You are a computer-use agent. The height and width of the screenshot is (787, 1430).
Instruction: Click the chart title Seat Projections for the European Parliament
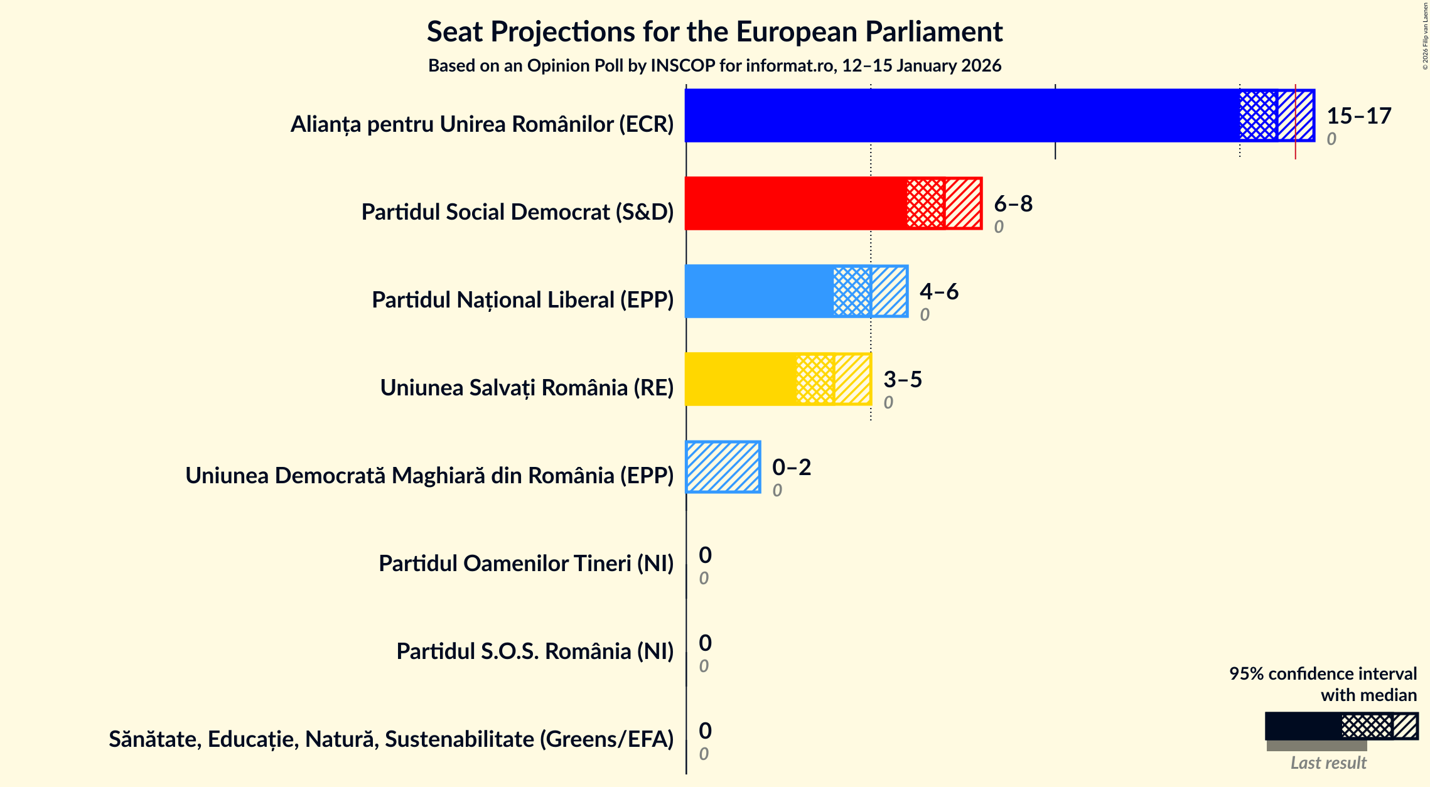(714, 31)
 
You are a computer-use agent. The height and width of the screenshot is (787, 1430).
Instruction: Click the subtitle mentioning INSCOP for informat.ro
(714, 66)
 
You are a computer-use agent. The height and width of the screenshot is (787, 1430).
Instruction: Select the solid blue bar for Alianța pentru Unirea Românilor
(960, 115)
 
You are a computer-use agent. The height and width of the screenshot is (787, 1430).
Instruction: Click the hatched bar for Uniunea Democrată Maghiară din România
(723, 467)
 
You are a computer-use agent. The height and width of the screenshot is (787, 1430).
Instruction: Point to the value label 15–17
(1358, 115)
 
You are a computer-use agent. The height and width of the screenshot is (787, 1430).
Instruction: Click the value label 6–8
(1013, 203)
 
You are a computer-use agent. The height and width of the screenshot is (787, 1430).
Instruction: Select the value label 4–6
(938, 291)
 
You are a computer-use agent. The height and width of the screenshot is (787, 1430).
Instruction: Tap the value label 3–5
(902, 379)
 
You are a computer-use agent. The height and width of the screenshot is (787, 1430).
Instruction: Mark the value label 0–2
(791, 467)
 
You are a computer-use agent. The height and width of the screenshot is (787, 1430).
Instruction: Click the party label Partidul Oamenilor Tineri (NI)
(525, 564)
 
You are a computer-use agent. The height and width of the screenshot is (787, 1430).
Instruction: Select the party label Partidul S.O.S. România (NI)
(534, 651)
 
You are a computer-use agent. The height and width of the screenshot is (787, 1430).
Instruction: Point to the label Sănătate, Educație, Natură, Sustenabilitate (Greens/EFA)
(390, 739)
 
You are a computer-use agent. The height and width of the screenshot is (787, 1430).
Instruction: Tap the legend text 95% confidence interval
(1322, 673)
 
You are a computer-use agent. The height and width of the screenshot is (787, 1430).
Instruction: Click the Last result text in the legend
(1328, 763)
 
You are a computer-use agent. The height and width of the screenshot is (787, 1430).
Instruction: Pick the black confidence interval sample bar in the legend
(1303, 726)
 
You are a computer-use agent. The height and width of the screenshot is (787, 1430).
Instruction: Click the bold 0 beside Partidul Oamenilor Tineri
(705, 555)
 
